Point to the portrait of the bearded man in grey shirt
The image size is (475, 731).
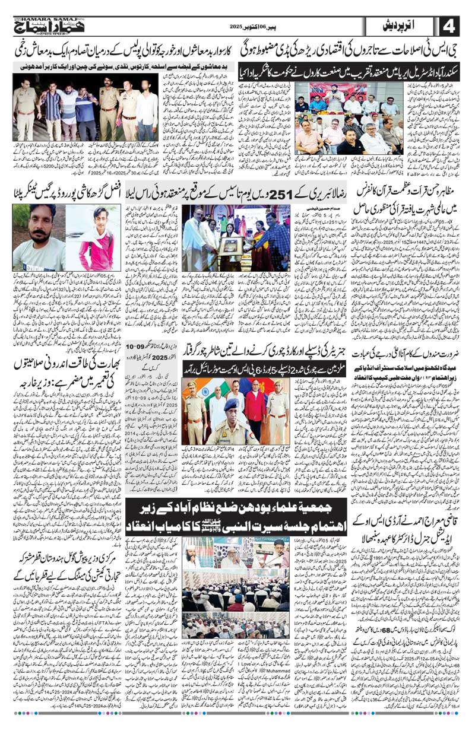[x=33, y=237]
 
